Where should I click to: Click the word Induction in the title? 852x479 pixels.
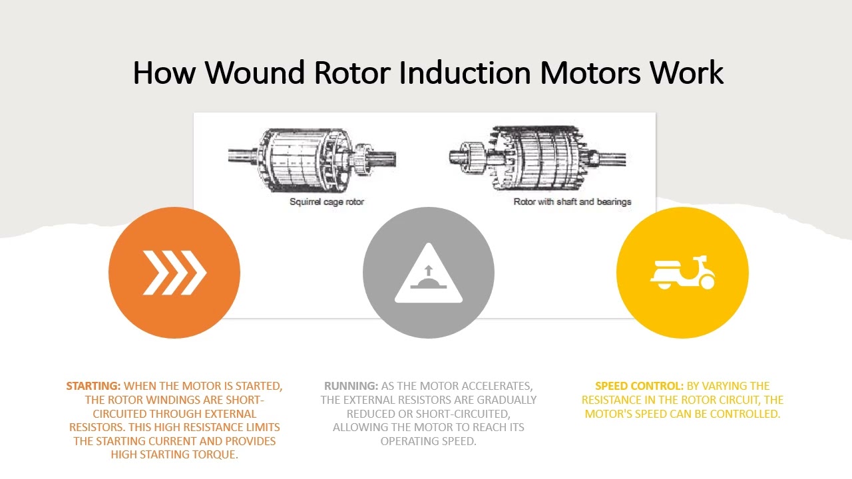[x=465, y=73]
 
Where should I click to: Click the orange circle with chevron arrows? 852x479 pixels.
[x=174, y=273]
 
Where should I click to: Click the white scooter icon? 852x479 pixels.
[x=682, y=273]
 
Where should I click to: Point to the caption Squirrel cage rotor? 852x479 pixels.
[x=327, y=202]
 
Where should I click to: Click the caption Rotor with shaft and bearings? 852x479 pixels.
[x=572, y=202]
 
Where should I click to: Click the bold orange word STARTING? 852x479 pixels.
[x=93, y=386]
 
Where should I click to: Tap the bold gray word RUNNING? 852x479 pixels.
[x=351, y=386]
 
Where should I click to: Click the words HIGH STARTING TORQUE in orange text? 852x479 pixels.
[x=174, y=456]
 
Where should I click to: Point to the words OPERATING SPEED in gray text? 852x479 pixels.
[x=429, y=441]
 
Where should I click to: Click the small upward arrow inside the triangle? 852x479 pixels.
[x=428, y=270]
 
